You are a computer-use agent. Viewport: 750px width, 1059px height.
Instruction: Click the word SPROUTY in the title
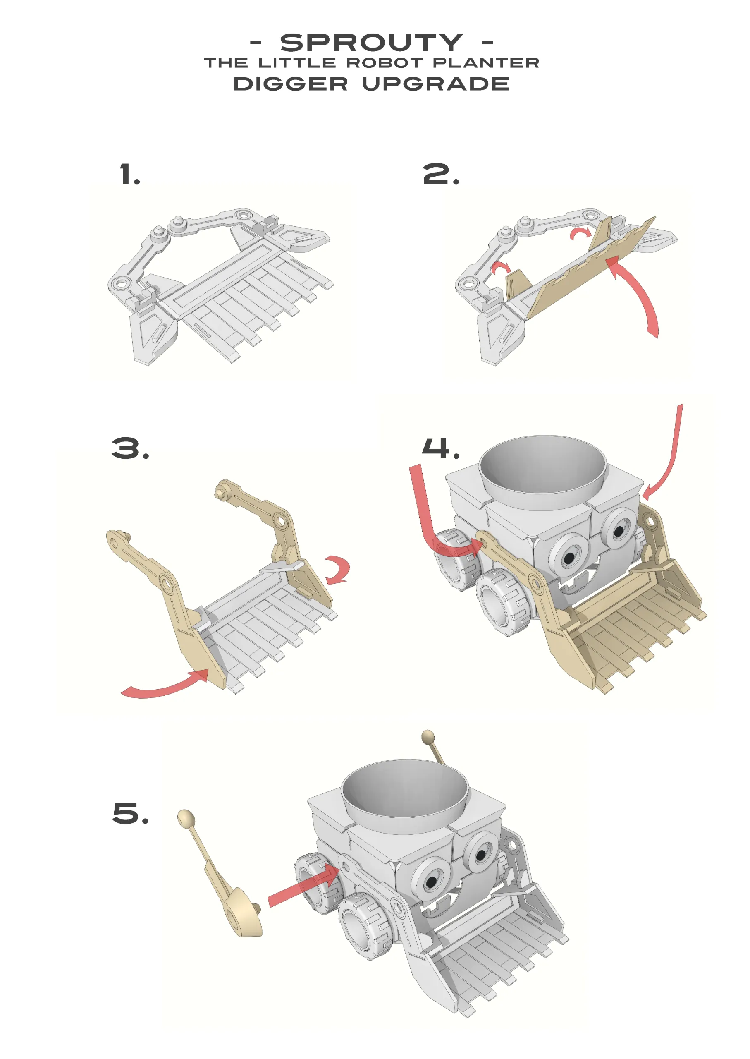(x=371, y=43)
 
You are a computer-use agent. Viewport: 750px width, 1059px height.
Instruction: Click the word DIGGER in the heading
(x=291, y=84)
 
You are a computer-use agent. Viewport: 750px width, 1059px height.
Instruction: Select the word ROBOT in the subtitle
(x=384, y=63)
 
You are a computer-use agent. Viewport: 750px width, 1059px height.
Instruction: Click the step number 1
(x=130, y=175)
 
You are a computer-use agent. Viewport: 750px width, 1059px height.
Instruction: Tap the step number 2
(x=441, y=175)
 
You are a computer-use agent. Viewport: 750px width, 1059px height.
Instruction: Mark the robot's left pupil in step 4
(x=569, y=558)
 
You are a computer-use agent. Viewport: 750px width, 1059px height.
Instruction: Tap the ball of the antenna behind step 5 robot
(x=428, y=736)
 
